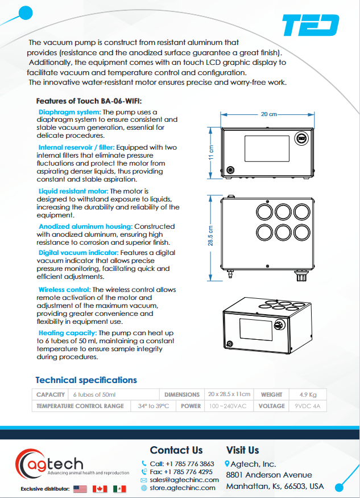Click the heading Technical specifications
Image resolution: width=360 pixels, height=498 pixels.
(86, 380)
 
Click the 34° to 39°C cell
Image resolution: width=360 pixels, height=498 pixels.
(153, 406)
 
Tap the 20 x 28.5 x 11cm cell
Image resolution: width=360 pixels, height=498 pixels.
(229, 394)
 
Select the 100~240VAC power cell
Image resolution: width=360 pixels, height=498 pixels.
(227, 406)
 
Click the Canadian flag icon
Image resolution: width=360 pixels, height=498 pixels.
(100, 489)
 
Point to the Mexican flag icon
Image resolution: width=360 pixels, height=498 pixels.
(119, 489)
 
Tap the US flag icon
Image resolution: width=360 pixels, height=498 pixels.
(80, 489)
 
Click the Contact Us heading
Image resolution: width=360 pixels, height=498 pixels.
(176, 450)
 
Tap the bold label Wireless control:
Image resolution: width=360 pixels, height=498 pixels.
(63, 290)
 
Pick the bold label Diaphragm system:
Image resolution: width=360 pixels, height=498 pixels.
(69, 112)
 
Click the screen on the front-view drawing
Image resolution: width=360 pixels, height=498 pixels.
(264, 150)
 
